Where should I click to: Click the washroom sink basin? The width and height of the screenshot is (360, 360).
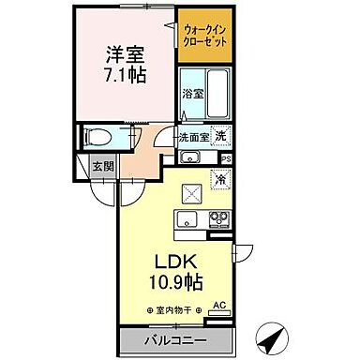click(187, 157)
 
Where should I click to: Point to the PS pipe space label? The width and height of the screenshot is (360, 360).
click(225, 159)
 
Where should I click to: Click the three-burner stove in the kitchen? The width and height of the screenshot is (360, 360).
click(218, 223)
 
